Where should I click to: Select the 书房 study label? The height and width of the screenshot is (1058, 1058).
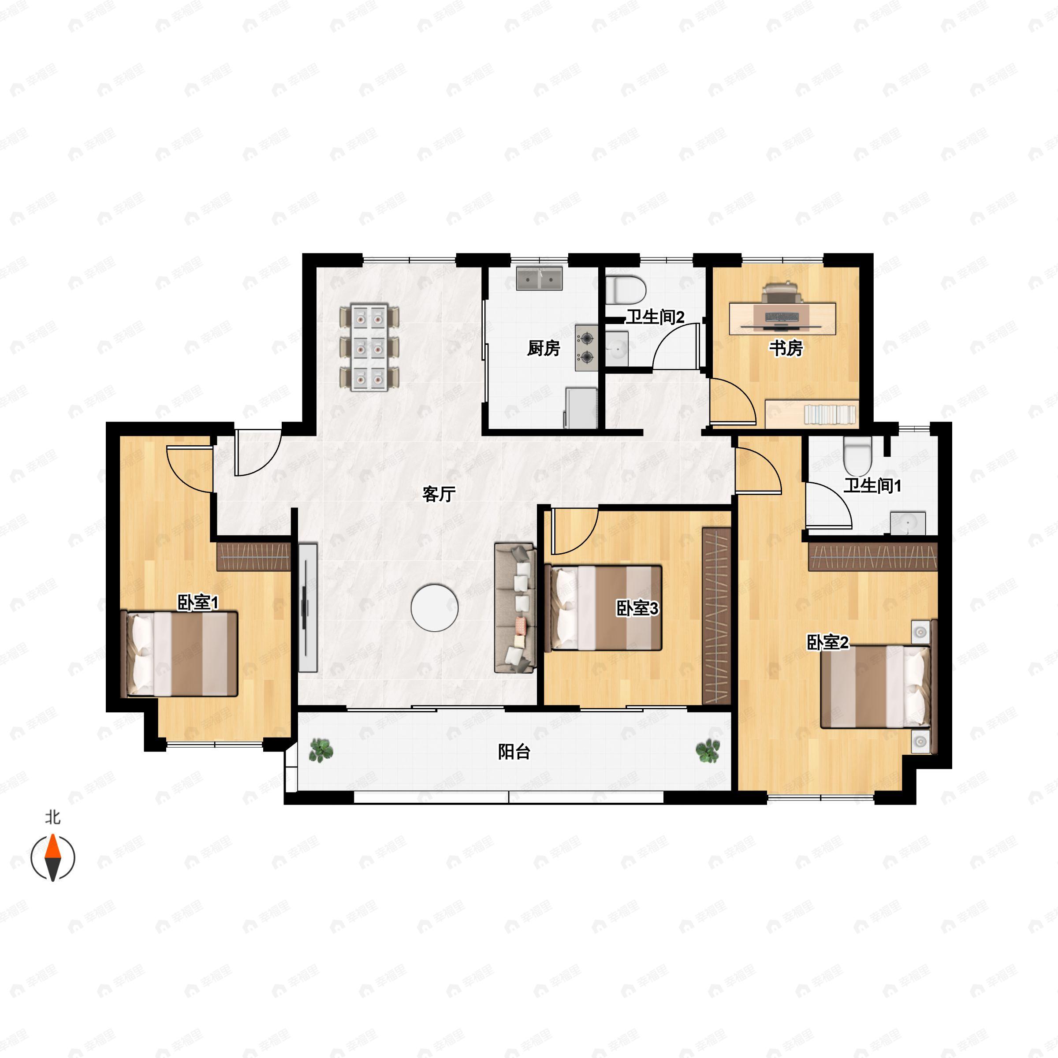786,348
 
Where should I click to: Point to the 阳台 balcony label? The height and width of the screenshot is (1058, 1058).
514,752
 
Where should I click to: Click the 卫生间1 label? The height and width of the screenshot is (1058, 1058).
872,485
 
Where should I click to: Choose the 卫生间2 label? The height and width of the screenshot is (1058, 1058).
655,317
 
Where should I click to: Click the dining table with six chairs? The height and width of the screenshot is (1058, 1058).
369,348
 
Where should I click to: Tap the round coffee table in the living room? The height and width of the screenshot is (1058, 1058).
435,607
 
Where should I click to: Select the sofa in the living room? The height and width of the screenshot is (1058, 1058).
515,607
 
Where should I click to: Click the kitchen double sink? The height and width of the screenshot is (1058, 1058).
540,279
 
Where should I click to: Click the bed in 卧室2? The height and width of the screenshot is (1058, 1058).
875,687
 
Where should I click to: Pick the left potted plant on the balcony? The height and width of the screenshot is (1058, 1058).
321,750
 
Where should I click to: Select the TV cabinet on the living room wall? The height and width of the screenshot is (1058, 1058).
308,607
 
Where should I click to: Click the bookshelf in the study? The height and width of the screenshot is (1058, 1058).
829,414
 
